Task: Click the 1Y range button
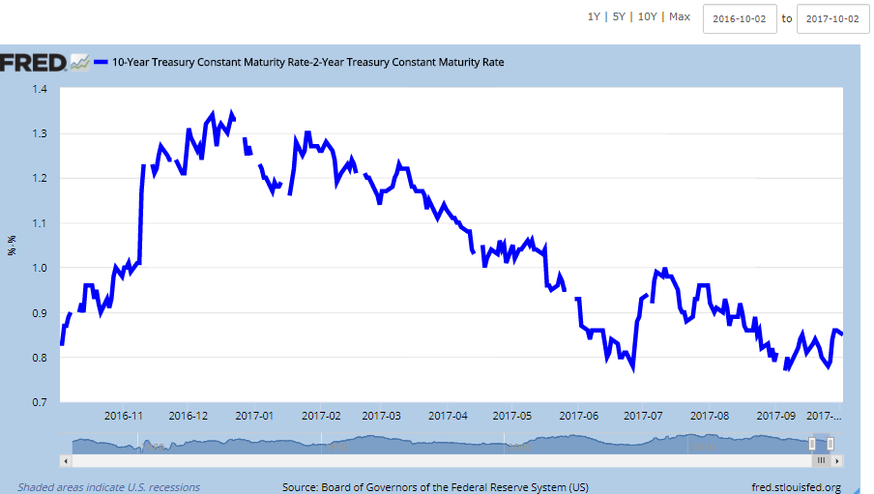(594, 17)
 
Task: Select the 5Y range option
(619, 17)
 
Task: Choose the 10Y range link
(647, 17)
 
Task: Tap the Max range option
(680, 17)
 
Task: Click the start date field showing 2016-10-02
(740, 19)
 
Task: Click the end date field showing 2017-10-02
(833, 19)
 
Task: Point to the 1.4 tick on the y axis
(40, 89)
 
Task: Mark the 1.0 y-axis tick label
(40, 268)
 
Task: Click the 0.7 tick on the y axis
(40, 402)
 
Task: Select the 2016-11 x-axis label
(124, 416)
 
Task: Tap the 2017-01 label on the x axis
(254, 416)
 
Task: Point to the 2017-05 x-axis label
(512, 416)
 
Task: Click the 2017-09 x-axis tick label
(775, 416)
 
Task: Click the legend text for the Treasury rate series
(307, 63)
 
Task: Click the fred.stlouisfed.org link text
(796, 487)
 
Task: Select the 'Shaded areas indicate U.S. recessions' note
(108, 487)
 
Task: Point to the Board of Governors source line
(435, 487)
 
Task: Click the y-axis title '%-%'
(13, 246)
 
